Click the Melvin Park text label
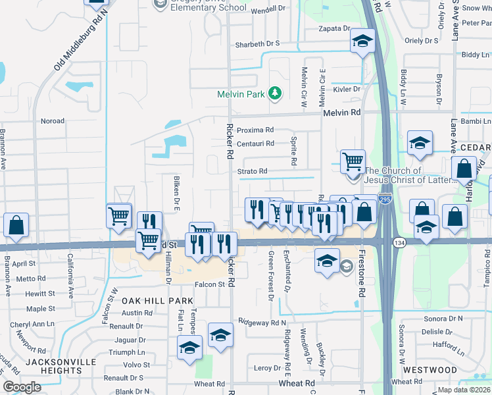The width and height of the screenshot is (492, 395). coord(241,94)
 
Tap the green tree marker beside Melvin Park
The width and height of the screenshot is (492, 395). coord(275,94)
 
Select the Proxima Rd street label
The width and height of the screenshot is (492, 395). coord(255,130)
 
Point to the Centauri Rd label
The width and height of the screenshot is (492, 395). coord(255,143)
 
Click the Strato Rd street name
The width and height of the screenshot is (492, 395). coord(253,171)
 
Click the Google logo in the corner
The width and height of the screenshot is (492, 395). coord(22,387)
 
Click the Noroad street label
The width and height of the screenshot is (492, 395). coord(53,121)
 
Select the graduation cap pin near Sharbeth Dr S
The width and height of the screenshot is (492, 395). coord(360,42)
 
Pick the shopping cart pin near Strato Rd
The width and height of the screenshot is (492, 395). coord(353,160)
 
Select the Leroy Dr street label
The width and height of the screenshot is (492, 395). coord(267,367)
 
